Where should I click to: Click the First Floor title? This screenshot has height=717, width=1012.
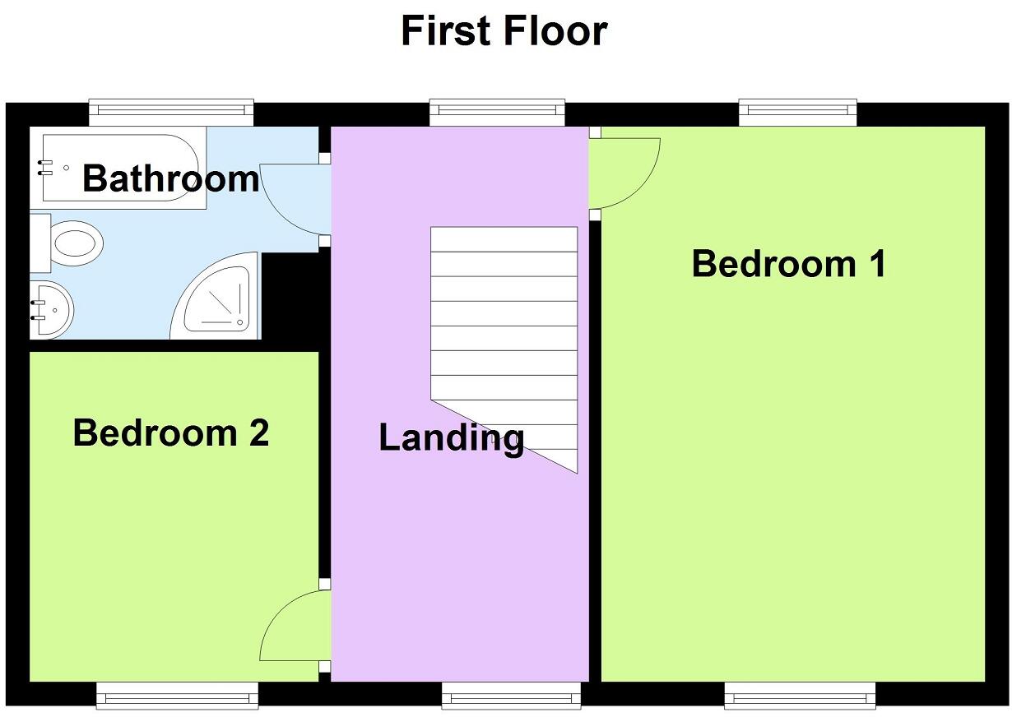[504, 31]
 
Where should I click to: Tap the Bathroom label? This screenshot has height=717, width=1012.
[170, 178]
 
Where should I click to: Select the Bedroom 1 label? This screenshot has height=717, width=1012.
[788, 264]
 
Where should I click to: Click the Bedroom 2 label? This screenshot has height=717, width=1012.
[170, 433]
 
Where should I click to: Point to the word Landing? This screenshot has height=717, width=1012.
[451, 437]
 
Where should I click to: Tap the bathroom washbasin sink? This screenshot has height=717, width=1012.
[51, 309]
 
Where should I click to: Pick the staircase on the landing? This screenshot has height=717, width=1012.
[504, 329]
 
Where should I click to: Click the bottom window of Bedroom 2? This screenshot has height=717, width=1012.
[177, 696]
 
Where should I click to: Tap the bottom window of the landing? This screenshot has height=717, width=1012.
[512, 696]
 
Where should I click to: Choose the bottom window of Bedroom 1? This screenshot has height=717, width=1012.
[800, 696]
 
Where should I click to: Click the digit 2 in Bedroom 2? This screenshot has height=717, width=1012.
[258, 433]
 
